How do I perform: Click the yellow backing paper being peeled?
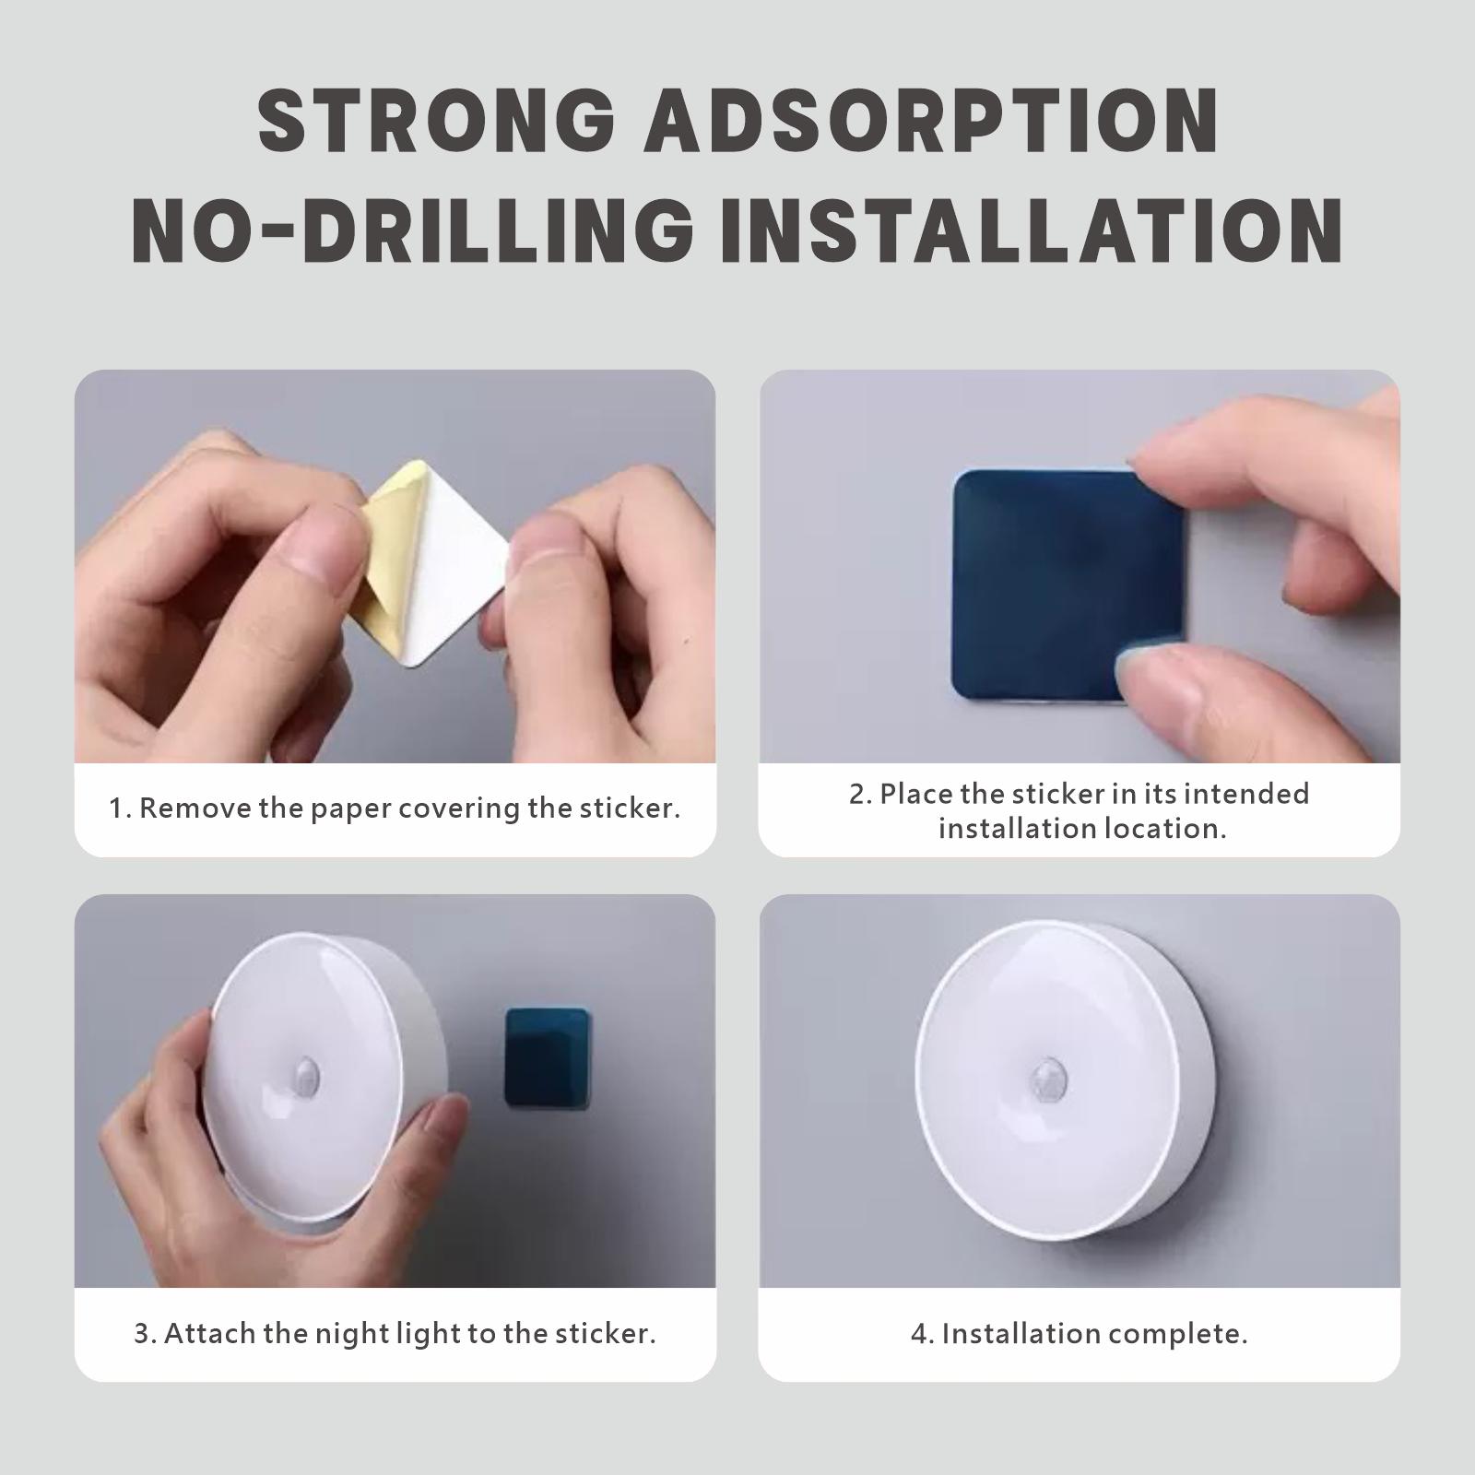(x=388, y=553)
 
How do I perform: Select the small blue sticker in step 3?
(x=547, y=1057)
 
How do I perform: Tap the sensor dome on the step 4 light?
(x=1046, y=1076)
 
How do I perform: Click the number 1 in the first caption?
(x=115, y=808)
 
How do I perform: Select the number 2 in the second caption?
(x=857, y=794)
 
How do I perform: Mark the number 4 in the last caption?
(x=918, y=1334)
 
